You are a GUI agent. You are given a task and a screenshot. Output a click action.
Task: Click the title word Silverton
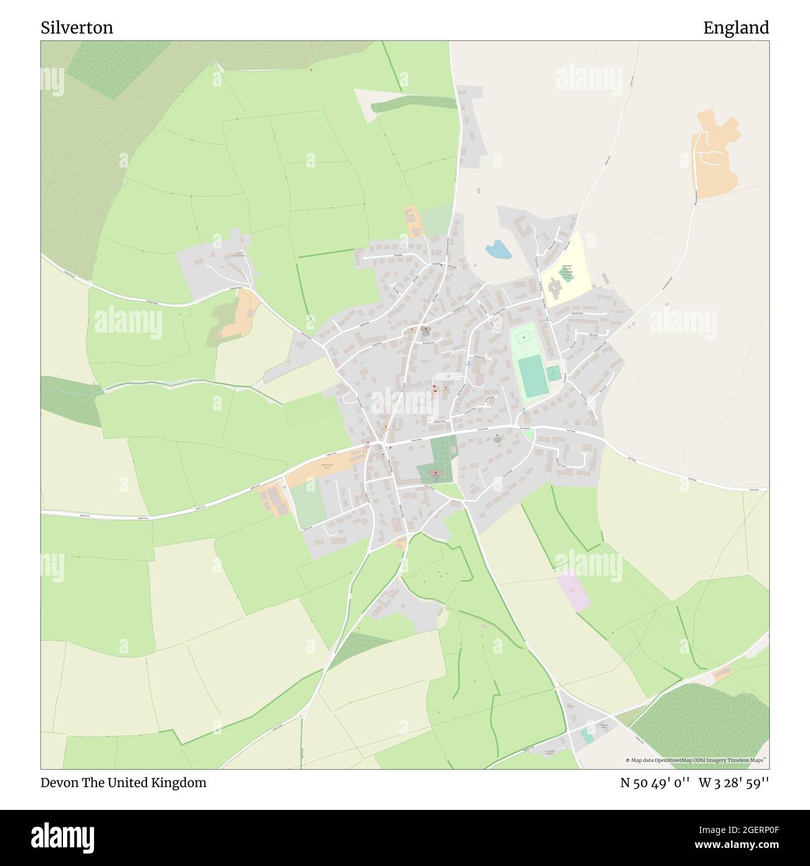pyautogui.click(x=77, y=27)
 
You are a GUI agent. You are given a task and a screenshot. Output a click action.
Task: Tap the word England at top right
pyautogui.click(x=736, y=27)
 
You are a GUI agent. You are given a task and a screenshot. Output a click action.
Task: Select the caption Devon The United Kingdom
pyautogui.click(x=123, y=783)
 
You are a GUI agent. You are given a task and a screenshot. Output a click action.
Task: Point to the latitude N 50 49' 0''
pyautogui.click(x=654, y=783)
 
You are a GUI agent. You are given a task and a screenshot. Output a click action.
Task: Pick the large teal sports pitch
pyautogui.click(x=531, y=376)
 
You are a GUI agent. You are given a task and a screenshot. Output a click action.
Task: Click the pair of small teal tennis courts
pyautogui.click(x=553, y=374)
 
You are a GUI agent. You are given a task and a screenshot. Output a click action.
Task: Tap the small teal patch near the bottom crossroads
pyautogui.click(x=587, y=737)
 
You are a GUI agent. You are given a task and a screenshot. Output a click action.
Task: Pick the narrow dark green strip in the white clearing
pyautogui.click(x=411, y=104)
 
